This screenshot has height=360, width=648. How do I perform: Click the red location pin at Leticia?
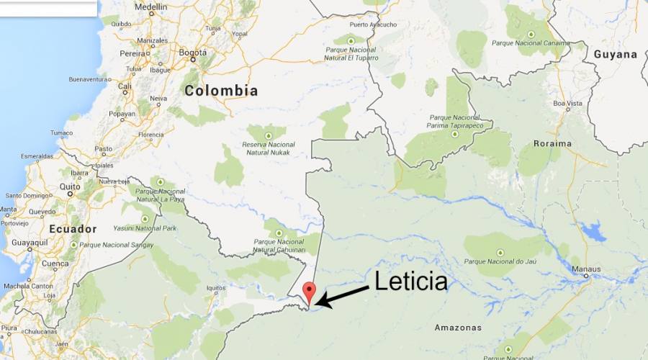coord(310,291)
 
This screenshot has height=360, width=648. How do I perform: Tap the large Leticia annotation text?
coord(411,282)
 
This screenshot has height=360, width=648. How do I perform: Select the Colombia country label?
coord(221,91)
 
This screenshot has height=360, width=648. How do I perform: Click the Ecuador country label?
coord(72,229)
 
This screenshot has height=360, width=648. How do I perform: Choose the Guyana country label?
coord(615,54)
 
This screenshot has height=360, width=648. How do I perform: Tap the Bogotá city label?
coord(192,53)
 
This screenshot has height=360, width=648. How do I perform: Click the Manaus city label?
coord(586,269)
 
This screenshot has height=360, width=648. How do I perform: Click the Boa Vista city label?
coord(567,104)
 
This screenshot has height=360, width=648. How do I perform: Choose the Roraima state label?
coord(552,143)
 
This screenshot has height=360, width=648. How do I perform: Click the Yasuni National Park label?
coord(145,228)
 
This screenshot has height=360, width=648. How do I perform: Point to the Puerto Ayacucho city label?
coord(373,24)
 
